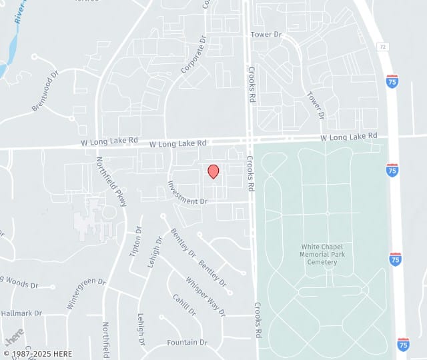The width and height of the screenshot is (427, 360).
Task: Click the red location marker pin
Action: (213, 171)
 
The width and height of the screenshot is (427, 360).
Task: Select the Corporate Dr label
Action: (193, 61)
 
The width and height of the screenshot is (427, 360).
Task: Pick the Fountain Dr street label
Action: (187, 342)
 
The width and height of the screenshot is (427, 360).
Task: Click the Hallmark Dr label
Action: (21, 313)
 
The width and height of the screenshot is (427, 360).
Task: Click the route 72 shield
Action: (382, 47)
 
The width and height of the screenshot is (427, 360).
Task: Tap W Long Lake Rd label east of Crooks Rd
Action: (349, 137)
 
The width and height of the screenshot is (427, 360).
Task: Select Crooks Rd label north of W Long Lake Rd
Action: (252, 83)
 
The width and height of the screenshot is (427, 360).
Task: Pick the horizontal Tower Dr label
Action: (266, 33)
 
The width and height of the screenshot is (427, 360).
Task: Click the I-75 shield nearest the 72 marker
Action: (392, 81)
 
